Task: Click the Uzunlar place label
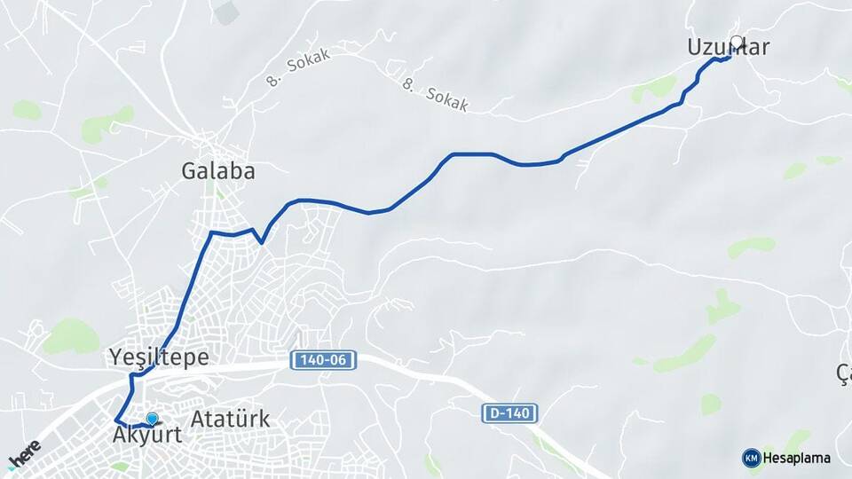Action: pyautogui.click(x=727, y=47)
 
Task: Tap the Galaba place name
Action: pyautogui.click(x=217, y=171)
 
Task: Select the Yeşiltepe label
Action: pyautogui.click(x=159, y=357)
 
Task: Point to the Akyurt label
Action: pyautogui.click(x=147, y=436)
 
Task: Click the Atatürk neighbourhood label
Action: pyautogui.click(x=230, y=419)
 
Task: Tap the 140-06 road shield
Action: pyautogui.click(x=324, y=360)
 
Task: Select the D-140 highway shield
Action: pyautogui.click(x=510, y=412)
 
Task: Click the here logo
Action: pyautogui.click(x=24, y=453)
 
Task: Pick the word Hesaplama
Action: pyautogui.click(x=796, y=458)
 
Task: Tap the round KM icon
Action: pyautogui.click(x=751, y=458)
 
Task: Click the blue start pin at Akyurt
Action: pyautogui.click(x=152, y=419)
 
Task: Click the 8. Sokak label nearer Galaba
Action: pyautogui.click(x=298, y=67)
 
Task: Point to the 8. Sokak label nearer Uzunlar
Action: pyautogui.click(x=435, y=94)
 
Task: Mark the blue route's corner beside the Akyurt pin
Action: pyautogui.click(x=116, y=420)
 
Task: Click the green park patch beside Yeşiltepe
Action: pyautogui.click(x=71, y=336)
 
